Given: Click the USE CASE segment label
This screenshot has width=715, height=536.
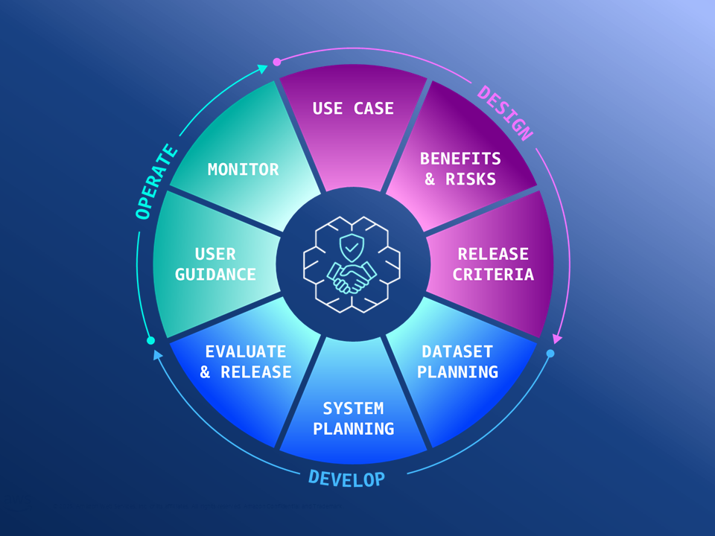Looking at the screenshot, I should (353, 109).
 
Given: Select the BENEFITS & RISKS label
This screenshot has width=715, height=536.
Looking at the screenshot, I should (460, 168).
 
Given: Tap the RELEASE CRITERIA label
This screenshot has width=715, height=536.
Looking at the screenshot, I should (493, 264).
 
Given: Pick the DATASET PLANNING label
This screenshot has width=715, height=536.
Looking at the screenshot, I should (457, 361).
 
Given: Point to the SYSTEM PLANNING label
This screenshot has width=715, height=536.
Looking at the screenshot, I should (353, 418).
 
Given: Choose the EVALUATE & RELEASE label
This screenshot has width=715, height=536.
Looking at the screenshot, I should (246, 361).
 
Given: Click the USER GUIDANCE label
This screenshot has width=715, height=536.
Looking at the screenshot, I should (215, 264).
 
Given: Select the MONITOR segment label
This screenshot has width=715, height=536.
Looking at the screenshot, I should (244, 169).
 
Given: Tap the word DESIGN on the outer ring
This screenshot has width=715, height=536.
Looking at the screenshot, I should (506, 114).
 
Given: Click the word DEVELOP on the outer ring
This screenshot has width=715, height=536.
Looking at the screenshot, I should (347, 478).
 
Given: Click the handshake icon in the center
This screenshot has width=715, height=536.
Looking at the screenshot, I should (352, 277).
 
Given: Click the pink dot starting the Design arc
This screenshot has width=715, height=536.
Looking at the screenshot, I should (277, 62).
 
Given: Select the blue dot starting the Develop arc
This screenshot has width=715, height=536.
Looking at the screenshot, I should (550, 353).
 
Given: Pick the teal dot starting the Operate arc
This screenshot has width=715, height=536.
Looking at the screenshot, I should (151, 340).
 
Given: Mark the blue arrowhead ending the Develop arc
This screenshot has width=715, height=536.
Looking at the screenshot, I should (157, 355).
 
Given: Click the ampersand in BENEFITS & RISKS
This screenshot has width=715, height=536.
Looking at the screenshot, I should (430, 179).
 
